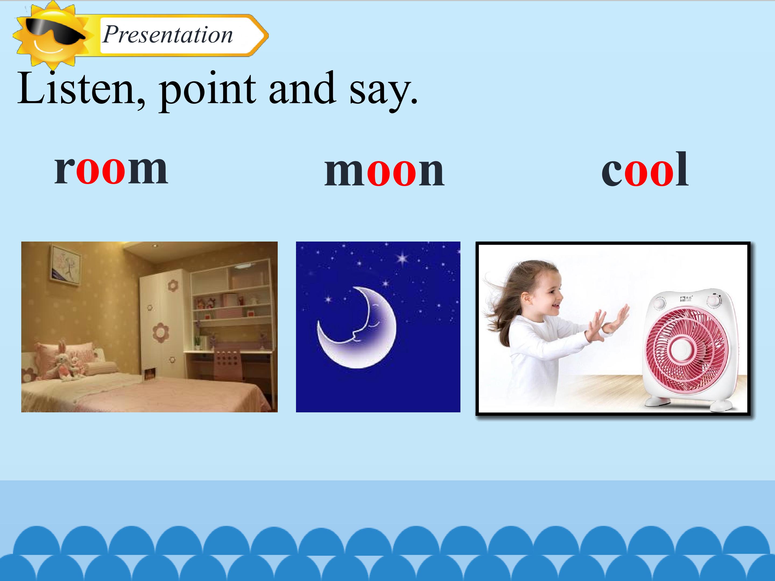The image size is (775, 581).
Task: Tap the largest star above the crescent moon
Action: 402,259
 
